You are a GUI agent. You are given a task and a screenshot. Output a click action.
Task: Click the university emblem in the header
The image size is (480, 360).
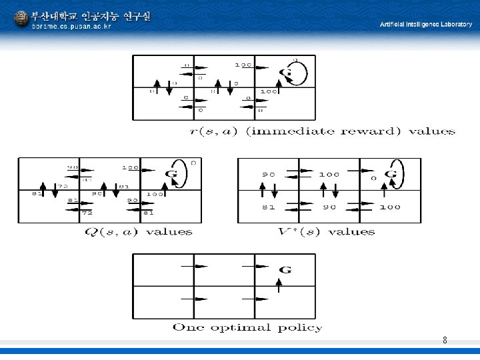click(x=21, y=18)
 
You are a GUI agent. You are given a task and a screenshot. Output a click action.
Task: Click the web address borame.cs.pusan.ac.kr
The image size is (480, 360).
click(x=71, y=27)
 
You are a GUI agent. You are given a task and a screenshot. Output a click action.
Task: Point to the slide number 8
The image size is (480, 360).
click(x=445, y=341)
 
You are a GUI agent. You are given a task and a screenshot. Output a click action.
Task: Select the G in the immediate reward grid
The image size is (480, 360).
click(x=286, y=72)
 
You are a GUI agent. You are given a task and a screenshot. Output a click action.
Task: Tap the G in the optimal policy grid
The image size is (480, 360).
click(x=285, y=269)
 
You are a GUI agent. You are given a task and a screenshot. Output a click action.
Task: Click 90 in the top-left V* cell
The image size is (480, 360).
click(x=267, y=175)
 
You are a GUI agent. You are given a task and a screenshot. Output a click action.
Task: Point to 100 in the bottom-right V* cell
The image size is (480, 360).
click(x=389, y=207)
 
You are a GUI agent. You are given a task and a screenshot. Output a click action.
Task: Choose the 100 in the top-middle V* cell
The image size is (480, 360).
click(x=329, y=175)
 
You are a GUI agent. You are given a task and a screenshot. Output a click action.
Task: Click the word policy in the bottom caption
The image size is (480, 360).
click(x=299, y=327)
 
